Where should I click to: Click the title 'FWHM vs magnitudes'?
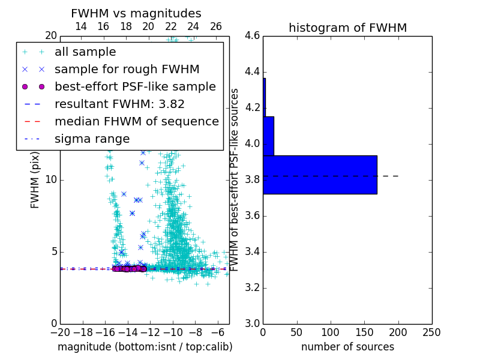(x=136, y=13)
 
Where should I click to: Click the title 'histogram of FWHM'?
(x=347, y=28)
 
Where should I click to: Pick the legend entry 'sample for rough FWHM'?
(x=127, y=70)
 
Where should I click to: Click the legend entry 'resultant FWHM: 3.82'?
(x=119, y=104)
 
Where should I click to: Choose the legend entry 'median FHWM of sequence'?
(x=136, y=122)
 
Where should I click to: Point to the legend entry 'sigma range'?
(x=92, y=139)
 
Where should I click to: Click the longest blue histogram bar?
(x=320, y=175)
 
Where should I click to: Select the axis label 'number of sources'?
(x=347, y=347)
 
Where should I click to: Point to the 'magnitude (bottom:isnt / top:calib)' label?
(x=145, y=347)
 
